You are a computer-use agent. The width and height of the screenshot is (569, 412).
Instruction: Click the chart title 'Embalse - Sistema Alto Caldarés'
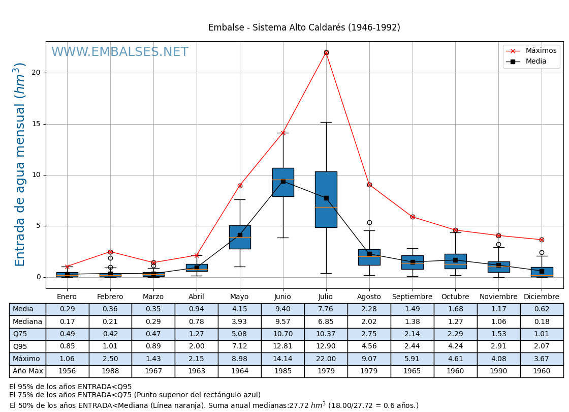(304, 27)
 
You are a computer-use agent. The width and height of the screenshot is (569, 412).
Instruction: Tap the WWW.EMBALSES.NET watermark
(120, 52)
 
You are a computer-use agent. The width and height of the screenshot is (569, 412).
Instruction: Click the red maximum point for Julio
(326, 52)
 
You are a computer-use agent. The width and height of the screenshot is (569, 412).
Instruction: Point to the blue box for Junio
(283, 182)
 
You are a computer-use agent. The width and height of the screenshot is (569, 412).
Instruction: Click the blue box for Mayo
(240, 237)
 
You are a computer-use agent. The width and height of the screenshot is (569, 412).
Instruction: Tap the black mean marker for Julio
(326, 198)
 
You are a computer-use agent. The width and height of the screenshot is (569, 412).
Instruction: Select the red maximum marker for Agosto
(369, 185)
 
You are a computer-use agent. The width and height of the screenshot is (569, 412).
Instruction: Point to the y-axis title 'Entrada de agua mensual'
(20, 164)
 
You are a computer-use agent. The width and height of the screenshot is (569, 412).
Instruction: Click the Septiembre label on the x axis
(412, 297)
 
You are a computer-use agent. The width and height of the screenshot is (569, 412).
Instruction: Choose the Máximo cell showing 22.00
(326, 359)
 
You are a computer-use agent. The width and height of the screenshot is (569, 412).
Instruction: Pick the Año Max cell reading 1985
(282, 371)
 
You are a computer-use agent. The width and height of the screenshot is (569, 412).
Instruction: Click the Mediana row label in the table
(27, 321)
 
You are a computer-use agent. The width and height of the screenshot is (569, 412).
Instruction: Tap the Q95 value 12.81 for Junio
(282, 346)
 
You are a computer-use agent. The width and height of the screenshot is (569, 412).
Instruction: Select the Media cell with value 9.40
(282, 309)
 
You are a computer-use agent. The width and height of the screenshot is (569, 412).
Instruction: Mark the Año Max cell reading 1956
(67, 371)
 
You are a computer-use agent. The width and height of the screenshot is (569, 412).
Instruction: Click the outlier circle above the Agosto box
(369, 222)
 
